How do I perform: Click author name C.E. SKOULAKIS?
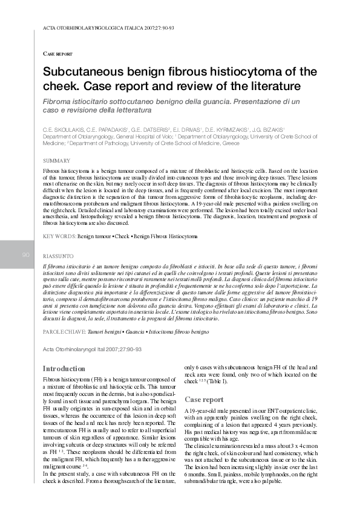coord(64,130)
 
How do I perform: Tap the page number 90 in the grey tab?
coord(25,255)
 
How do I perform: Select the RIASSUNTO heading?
coord(59,256)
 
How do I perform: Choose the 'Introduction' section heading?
coord(64,369)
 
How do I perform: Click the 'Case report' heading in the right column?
coord(204,400)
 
